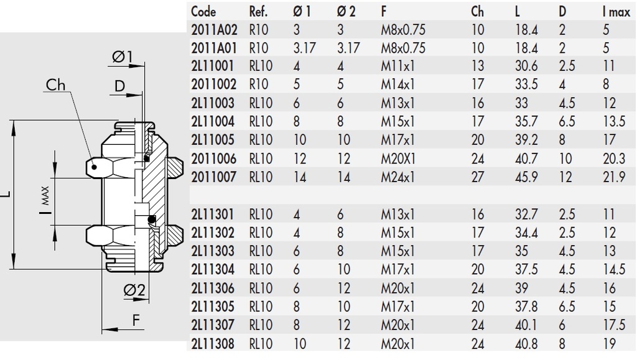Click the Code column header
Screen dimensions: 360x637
(x=203, y=11)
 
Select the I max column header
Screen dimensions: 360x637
(x=615, y=11)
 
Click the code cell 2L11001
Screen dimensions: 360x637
(x=213, y=66)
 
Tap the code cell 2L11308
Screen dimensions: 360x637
(x=213, y=344)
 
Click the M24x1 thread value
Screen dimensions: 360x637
(x=398, y=177)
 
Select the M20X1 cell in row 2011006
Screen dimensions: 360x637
(x=398, y=159)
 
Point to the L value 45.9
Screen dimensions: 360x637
(x=526, y=177)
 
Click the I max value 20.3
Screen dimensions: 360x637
(x=614, y=159)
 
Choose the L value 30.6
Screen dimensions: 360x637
(x=526, y=66)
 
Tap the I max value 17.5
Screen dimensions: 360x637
(x=613, y=325)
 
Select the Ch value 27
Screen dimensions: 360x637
(x=478, y=177)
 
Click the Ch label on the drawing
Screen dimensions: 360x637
(x=56, y=85)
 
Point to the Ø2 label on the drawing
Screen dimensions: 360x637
(x=134, y=290)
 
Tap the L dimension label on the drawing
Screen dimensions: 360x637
(x=5, y=196)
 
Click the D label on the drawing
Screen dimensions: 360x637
(x=119, y=86)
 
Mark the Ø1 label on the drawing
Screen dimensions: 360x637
(x=123, y=57)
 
